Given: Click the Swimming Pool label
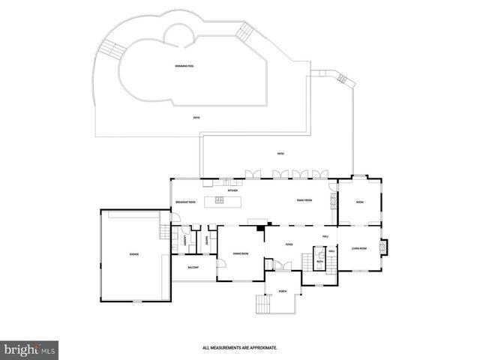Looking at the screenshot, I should click(x=184, y=67).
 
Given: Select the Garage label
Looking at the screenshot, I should click(x=133, y=255).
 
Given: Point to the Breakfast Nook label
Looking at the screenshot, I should click(x=185, y=202).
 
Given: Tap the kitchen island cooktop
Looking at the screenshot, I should click(x=220, y=200).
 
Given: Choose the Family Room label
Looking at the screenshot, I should click(x=304, y=200).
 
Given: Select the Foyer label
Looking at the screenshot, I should click(x=289, y=244).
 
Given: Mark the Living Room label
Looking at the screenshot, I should click(x=358, y=248).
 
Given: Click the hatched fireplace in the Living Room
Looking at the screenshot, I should click(x=385, y=246).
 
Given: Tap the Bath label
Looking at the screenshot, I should click(x=320, y=262).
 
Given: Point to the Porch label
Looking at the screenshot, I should click(x=282, y=290).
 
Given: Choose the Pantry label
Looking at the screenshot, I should click(x=205, y=241).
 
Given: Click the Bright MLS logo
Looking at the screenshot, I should click(x=30, y=349).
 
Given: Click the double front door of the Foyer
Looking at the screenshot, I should click(x=278, y=265).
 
